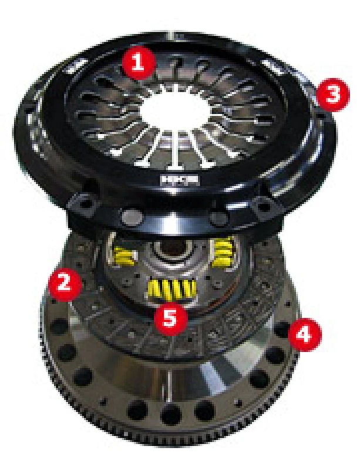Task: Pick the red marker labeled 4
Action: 307,335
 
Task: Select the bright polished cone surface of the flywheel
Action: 194,382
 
